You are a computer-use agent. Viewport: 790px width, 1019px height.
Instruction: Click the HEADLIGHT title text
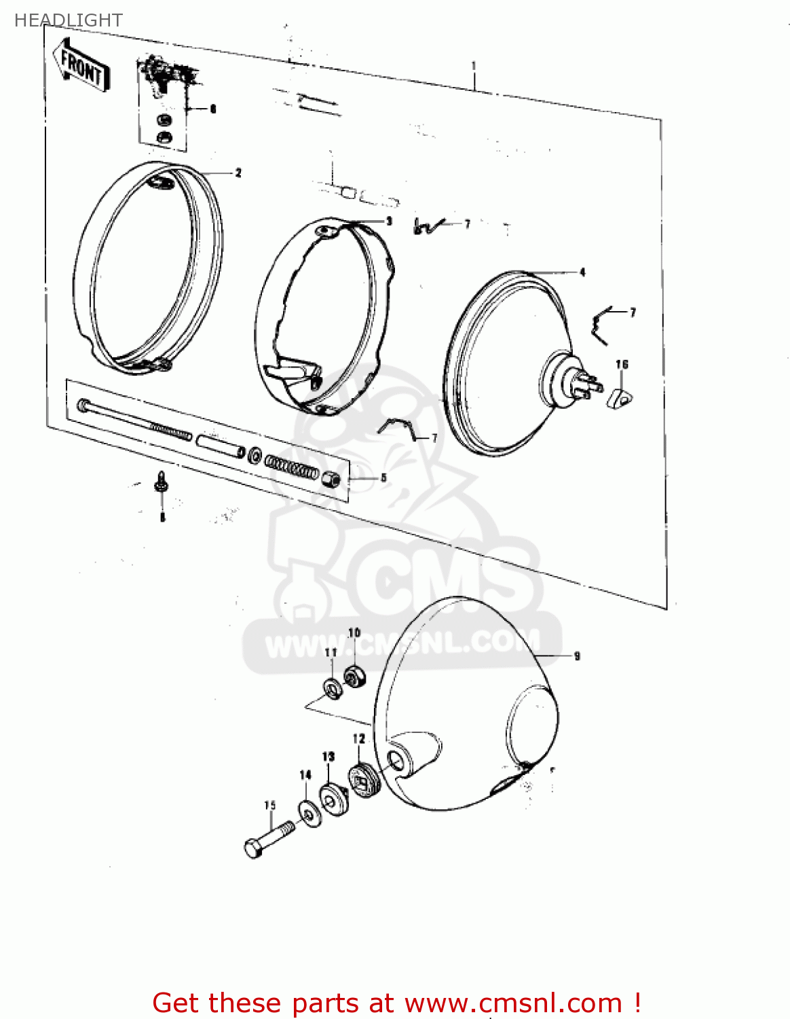(68, 20)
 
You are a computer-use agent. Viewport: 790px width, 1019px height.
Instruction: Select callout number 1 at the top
(474, 66)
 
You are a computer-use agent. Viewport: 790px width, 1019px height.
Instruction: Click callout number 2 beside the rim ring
(238, 173)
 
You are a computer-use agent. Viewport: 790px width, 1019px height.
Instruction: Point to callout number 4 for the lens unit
(582, 272)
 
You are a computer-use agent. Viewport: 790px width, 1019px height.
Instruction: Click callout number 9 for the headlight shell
(577, 656)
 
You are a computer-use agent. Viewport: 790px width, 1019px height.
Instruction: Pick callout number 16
(622, 365)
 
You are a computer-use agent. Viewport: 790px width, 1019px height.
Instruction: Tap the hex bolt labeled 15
(267, 838)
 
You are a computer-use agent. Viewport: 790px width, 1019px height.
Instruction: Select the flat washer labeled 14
(310, 813)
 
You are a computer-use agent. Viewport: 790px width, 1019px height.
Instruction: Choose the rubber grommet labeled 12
(364, 781)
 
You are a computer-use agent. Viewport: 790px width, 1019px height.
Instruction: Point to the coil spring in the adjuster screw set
(290, 467)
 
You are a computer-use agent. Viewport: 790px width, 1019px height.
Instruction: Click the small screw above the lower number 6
(162, 482)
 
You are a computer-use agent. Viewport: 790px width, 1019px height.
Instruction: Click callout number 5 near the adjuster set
(383, 478)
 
